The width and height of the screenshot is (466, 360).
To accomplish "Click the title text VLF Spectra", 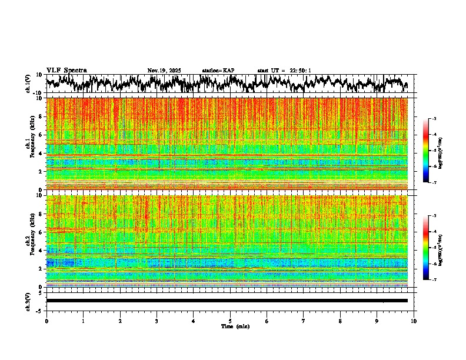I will click(66, 70).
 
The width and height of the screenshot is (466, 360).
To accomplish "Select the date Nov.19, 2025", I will click(164, 71).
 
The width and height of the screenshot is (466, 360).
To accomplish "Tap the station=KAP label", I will click(218, 71).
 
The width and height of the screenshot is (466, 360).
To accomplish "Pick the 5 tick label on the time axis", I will click(230, 321).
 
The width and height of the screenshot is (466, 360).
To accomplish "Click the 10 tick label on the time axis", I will click(414, 321).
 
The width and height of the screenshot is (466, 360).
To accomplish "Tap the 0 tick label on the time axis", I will click(46, 321).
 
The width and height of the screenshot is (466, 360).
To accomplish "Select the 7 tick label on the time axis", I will click(304, 321).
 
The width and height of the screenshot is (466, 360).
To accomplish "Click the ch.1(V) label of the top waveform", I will click(28, 84).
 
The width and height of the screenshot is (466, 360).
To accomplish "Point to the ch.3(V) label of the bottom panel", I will click(28, 301).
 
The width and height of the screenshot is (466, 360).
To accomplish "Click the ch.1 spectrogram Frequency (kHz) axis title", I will click(32, 144).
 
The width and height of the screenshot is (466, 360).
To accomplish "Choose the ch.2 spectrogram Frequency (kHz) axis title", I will click(32, 241).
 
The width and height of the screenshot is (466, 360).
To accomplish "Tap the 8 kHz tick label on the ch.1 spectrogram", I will click(41, 116).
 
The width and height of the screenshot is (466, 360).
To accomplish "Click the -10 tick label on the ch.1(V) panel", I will click(39, 93).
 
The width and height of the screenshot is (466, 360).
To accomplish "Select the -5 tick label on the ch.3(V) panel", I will click(40, 309).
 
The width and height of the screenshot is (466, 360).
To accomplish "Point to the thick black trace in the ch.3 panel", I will click(227, 301).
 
